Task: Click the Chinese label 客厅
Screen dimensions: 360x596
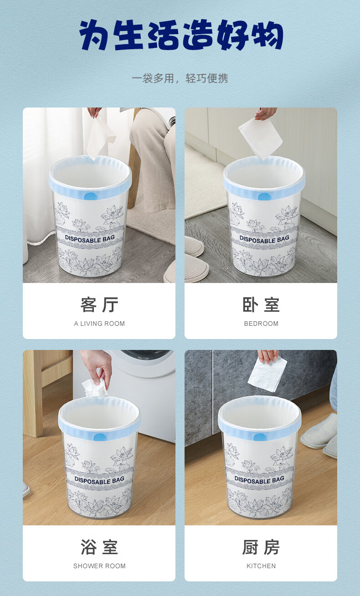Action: [99, 305]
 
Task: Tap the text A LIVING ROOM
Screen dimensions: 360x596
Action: [99, 324]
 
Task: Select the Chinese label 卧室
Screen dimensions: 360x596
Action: [261, 305]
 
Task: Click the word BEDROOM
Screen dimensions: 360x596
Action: [261, 324]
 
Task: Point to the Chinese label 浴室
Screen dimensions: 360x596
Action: [99, 547]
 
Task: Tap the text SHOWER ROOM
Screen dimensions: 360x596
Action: [99, 566]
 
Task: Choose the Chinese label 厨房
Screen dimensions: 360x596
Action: [261, 547]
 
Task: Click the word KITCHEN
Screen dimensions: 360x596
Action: [261, 566]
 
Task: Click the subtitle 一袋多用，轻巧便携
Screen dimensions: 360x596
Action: [180, 78]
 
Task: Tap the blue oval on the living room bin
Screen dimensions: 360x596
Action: [91, 196]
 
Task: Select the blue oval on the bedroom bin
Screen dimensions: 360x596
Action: [264, 197]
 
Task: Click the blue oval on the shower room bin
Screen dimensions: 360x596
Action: [100, 437]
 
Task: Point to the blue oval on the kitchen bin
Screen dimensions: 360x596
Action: [260, 437]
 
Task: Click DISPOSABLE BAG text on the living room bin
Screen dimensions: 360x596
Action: [90, 239]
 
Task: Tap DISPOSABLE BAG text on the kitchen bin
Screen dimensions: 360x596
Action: [259, 479]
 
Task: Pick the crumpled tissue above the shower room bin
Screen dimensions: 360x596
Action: [95, 389]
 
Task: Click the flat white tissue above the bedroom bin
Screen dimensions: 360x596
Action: [261, 139]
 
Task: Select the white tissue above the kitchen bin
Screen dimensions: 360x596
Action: [267, 374]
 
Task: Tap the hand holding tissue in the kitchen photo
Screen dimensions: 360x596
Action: [268, 356]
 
